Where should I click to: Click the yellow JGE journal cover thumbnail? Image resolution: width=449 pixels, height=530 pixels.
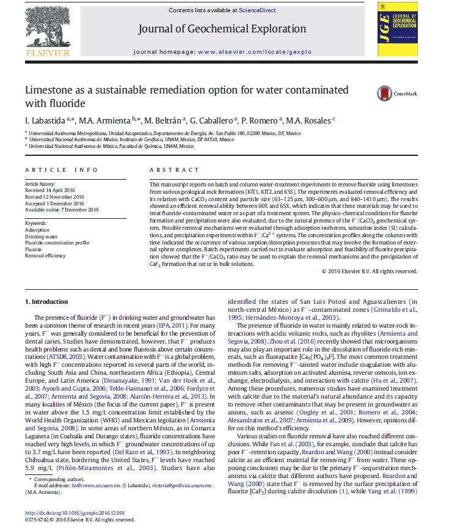(398, 31)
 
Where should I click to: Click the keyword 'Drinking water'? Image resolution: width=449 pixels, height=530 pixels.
(42, 236)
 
